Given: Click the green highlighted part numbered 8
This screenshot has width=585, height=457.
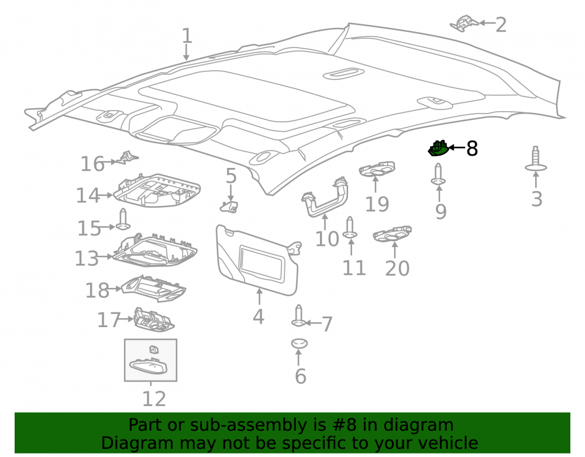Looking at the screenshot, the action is pos(438,149).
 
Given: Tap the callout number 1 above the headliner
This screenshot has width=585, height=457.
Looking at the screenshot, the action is pos(187,36).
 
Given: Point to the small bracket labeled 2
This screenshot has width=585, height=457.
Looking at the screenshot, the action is pos(464,23).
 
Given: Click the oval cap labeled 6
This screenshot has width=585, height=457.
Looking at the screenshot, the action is pos(299,343).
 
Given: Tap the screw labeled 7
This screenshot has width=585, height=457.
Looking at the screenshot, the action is pos(298,315).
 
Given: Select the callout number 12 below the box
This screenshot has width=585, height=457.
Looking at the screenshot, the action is pos(154,399).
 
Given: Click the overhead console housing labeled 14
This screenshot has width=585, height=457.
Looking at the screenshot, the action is pos(157,190).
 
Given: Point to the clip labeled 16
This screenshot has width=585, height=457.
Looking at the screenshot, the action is pos(127,158).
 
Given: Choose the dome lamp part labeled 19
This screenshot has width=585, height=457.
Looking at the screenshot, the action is pos(377,169).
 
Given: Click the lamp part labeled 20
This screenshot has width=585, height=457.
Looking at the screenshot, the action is pos(392,234).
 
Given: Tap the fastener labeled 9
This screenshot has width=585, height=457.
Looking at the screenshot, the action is pos(438,174).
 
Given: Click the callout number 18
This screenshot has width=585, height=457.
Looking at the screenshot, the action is pos(97,290).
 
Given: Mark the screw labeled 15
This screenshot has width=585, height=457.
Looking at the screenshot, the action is pos(123,219).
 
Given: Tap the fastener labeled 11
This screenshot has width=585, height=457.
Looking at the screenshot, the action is pos(350,228).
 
